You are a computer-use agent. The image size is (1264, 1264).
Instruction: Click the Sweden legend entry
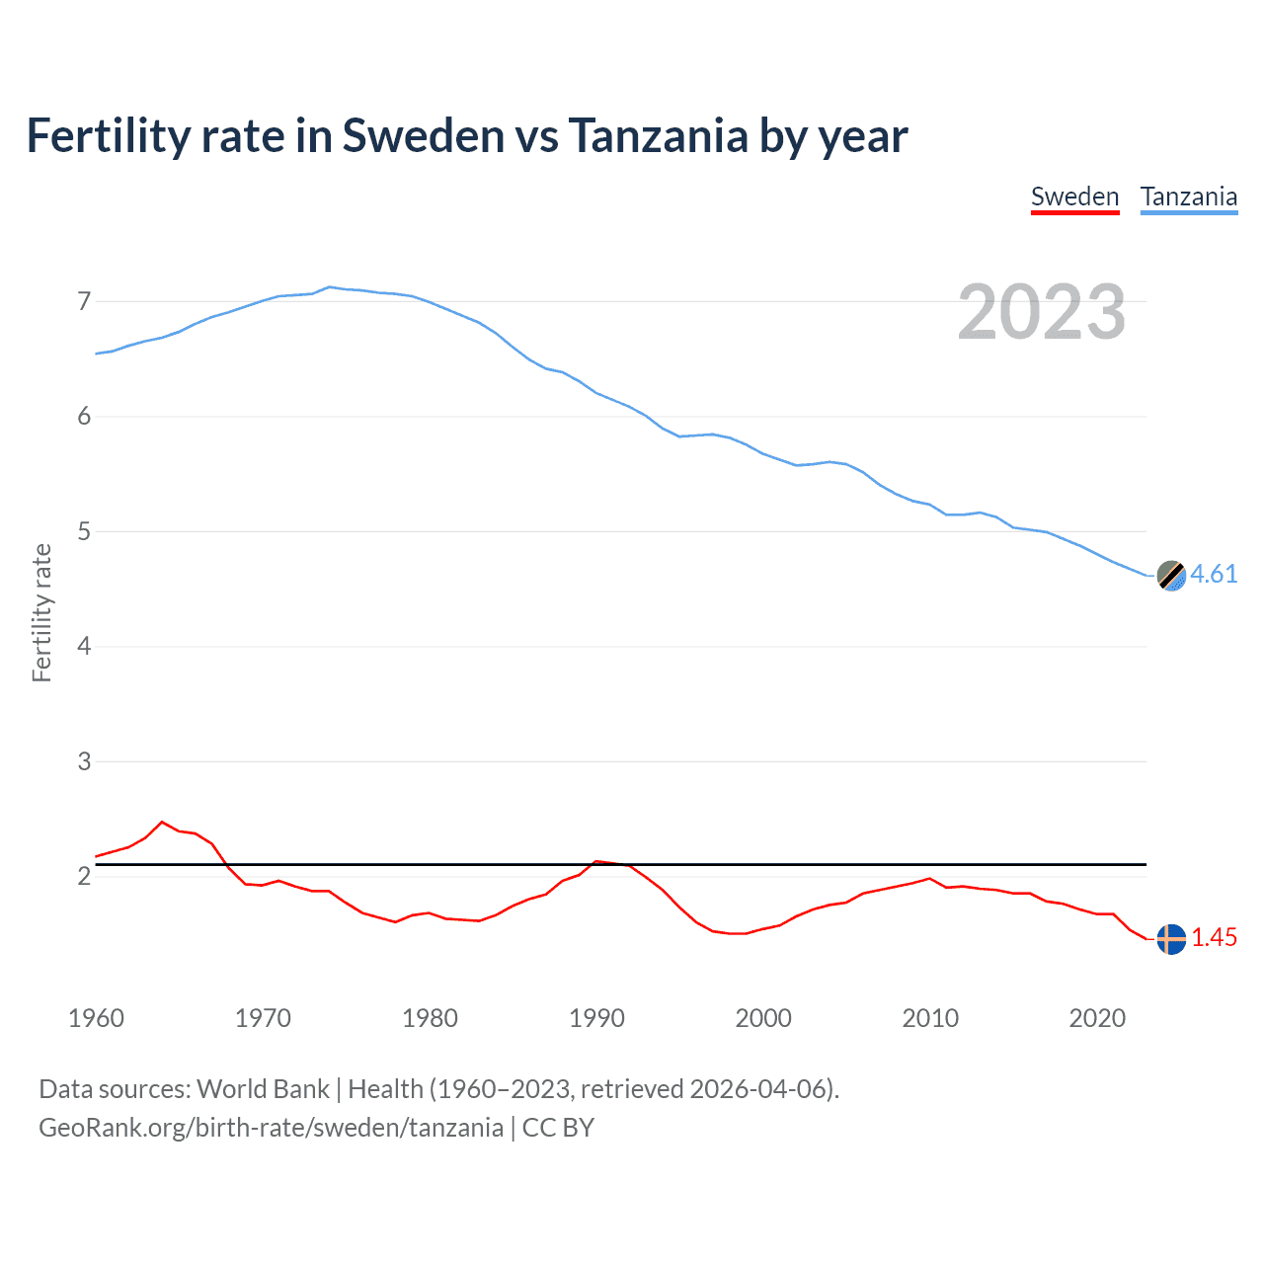click(1074, 197)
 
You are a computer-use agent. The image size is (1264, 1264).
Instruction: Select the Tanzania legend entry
click(1188, 197)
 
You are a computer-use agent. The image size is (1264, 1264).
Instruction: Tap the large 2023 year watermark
click(1041, 312)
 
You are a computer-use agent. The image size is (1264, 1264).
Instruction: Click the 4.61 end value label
click(1214, 574)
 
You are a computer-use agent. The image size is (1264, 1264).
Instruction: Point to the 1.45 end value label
click(1214, 937)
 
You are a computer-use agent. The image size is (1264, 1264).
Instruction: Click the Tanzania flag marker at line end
click(1171, 576)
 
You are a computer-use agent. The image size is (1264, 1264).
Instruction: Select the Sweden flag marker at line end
click(1171, 939)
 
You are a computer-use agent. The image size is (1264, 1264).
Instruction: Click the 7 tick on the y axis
click(84, 301)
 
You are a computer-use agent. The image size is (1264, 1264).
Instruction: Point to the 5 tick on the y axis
click(84, 531)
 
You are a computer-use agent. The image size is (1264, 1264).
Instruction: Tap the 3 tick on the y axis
click(84, 761)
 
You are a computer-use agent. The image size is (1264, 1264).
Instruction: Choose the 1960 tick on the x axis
click(96, 1018)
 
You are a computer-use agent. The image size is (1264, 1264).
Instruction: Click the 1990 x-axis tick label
click(596, 1018)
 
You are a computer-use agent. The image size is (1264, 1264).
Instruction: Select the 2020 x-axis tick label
click(1097, 1018)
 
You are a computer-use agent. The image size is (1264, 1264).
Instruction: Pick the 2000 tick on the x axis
click(763, 1018)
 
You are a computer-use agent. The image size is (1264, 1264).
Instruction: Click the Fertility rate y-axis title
click(41, 612)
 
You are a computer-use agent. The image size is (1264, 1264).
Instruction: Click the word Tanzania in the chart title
click(658, 135)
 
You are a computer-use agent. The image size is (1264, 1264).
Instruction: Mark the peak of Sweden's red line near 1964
click(162, 822)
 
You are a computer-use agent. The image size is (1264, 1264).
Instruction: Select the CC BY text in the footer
click(558, 1128)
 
